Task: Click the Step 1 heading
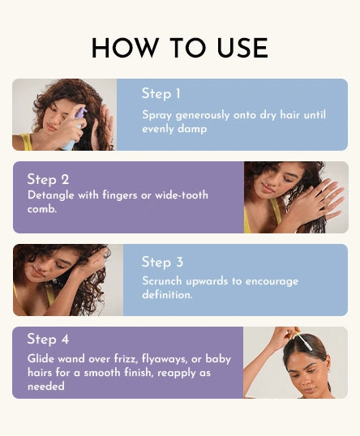pyautogui.click(x=161, y=94)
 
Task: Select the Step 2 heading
pyautogui.click(x=48, y=179)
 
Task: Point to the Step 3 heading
pyautogui.click(x=162, y=262)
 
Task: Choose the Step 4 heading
pyautogui.click(x=48, y=339)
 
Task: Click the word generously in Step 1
pyautogui.click(x=203, y=115)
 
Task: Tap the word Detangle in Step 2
pyautogui.click(x=51, y=195)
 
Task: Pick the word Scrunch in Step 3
pyautogui.click(x=162, y=281)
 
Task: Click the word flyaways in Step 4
pyautogui.click(x=164, y=359)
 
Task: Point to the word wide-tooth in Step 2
pyautogui.click(x=182, y=195)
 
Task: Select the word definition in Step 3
pyautogui.click(x=167, y=294)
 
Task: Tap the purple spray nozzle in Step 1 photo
pyautogui.click(x=81, y=113)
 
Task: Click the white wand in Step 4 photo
pyautogui.click(x=304, y=342)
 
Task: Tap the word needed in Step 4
pyautogui.click(x=46, y=387)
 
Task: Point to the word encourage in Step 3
pyautogui.click(x=272, y=281)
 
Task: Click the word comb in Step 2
pyautogui.click(x=42, y=209)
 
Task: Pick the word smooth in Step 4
pyautogui.click(x=102, y=372)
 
